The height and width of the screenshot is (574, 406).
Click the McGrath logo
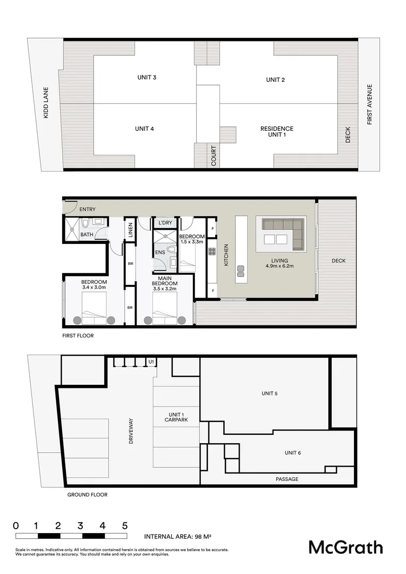(x=345, y=547)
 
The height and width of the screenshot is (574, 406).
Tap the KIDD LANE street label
(x=46, y=103)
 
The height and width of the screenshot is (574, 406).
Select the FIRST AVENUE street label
(x=370, y=105)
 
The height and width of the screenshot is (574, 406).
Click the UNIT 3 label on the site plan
(x=146, y=78)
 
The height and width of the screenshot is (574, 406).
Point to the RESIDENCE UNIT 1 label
(x=276, y=132)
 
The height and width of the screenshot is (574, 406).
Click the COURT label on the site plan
(x=214, y=156)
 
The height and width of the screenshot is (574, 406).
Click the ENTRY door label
(x=88, y=209)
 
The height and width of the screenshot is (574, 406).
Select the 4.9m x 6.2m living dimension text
(x=280, y=267)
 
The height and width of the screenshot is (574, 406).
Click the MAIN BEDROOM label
(x=164, y=281)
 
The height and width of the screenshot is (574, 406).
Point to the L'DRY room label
(x=165, y=223)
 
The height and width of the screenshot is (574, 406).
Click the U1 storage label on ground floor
(x=151, y=362)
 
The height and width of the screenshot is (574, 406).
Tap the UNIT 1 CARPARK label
(x=176, y=417)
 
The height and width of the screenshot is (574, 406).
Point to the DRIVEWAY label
(x=131, y=431)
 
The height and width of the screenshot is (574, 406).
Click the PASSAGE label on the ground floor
(x=287, y=479)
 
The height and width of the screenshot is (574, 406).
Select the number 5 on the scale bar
(x=125, y=526)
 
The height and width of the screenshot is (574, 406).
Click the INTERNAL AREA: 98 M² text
(x=178, y=536)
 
